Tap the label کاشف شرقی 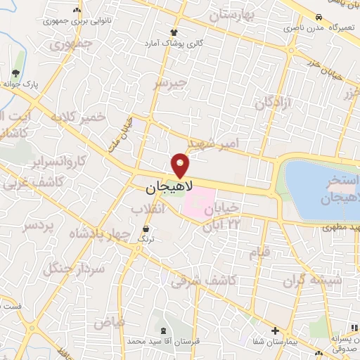[x=209, y=279]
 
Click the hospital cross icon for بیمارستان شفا [x=275, y=330]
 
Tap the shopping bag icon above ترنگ [x=146, y=229]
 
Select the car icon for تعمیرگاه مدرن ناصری [x=319, y=17]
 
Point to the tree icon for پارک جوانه [x=16, y=73]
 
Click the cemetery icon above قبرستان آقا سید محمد [x=164, y=330]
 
